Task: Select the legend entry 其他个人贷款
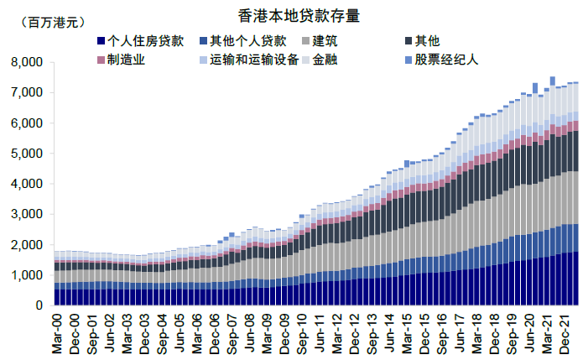(x=248, y=40)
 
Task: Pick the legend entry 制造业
(x=127, y=60)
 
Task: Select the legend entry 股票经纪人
(x=446, y=60)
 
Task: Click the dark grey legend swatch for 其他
(x=408, y=41)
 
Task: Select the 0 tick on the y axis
(x=39, y=305)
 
